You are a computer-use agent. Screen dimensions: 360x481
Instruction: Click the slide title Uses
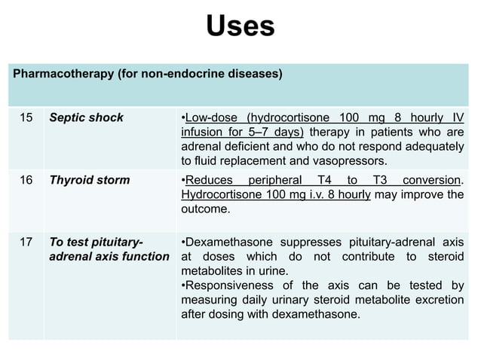click(x=240, y=27)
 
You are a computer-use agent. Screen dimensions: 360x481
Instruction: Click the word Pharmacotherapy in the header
click(x=62, y=75)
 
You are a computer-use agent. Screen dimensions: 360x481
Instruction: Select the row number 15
click(x=26, y=117)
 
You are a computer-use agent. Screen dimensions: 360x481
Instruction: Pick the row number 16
click(x=26, y=180)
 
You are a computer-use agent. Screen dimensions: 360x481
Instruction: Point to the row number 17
click(x=26, y=243)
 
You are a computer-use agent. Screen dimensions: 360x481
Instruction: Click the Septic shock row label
click(x=86, y=117)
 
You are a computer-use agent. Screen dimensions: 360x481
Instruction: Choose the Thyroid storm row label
click(x=89, y=180)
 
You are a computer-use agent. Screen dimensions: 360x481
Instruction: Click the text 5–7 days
click(x=276, y=133)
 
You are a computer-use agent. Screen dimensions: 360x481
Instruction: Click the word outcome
click(x=205, y=209)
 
